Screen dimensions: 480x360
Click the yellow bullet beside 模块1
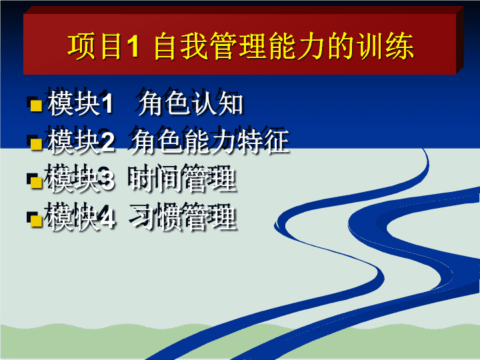37,105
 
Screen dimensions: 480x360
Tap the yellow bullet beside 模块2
37,144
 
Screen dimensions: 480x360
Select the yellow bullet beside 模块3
37,183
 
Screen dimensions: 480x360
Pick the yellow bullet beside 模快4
37,221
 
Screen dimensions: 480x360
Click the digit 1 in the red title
133,47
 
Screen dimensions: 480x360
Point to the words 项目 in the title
95,46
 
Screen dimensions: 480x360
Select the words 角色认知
191,103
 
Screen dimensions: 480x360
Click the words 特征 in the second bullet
263,141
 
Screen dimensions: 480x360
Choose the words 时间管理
183,180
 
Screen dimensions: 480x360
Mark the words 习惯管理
183,217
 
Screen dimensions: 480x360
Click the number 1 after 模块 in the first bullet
107,103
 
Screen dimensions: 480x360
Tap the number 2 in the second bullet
107,142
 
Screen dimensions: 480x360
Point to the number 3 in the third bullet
107,180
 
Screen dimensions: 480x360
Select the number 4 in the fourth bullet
107,218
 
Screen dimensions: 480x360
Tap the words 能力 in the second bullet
210,141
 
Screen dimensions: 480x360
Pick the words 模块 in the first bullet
73,103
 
